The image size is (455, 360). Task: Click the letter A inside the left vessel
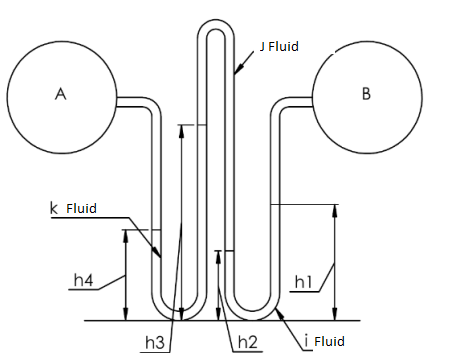point(60,94)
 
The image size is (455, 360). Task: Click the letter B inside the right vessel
point(365,94)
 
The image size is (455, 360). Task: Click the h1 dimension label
point(306,284)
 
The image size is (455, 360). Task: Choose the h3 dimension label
point(154,342)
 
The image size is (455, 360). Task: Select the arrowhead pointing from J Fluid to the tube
point(236,73)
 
